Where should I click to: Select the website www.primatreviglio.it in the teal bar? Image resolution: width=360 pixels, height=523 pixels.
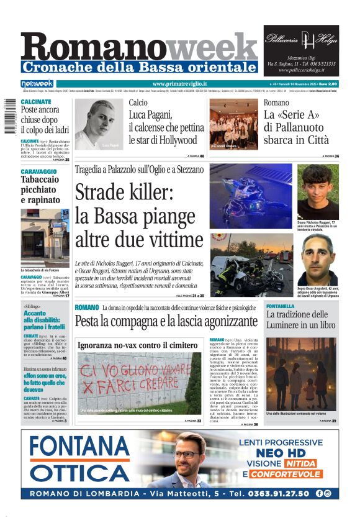pyautogui.click(x=179, y=84)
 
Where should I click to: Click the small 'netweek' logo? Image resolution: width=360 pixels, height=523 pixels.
pyautogui.click(x=37, y=84)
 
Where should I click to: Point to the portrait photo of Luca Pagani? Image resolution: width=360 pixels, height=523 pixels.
pyautogui.click(x=99, y=124)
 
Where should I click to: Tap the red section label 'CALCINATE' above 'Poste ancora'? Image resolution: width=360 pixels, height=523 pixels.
pyautogui.click(x=36, y=101)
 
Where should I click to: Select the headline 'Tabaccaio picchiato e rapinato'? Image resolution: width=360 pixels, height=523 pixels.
pyautogui.click(x=40, y=189)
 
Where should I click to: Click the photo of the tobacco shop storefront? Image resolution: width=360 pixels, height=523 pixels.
pyautogui.click(x=45, y=238)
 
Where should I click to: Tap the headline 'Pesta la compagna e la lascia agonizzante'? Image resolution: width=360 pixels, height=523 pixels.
pyautogui.click(x=166, y=322)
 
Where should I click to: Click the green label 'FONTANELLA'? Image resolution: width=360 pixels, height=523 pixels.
pyautogui.click(x=281, y=307)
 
